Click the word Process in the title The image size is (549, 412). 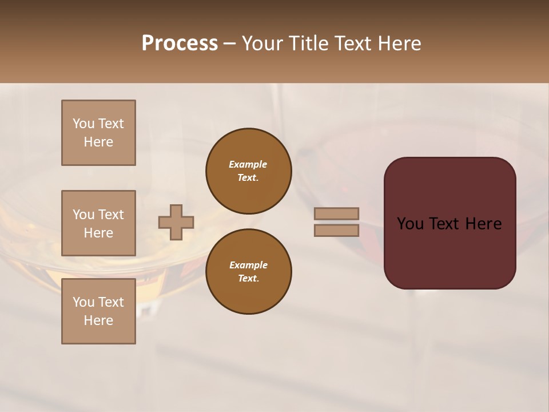(180, 43)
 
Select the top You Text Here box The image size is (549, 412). (98, 133)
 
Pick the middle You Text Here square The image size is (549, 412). (98, 223)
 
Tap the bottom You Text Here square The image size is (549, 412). (98, 311)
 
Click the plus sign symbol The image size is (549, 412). (176, 222)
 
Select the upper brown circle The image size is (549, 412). (248, 171)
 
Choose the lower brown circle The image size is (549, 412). (248, 272)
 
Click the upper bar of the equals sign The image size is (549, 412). (336, 214)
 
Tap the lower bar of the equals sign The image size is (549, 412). (336, 230)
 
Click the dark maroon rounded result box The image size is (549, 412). (449, 252)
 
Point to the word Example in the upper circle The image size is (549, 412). (248, 164)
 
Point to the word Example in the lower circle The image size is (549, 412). (248, 265)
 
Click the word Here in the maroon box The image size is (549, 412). (483, 224)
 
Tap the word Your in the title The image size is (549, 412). (263, 43)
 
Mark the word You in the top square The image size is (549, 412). (83, 124)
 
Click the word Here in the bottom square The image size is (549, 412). (98, 320)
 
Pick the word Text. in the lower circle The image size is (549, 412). (248, 279)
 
